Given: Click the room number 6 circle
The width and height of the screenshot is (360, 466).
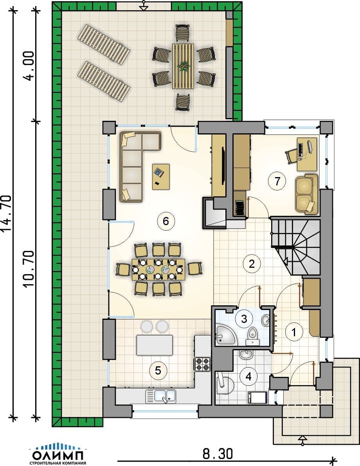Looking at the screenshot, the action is click(166, 221).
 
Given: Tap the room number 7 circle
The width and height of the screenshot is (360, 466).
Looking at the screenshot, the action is click(277, 181).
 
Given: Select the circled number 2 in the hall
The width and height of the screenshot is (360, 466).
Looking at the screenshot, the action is click(252, 263).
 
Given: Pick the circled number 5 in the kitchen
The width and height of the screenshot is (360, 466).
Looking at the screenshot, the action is click(158, 371).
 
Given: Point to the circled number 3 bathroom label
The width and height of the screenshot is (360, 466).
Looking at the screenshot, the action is click(244, 319).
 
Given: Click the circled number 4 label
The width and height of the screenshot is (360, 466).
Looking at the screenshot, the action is click(248, 376).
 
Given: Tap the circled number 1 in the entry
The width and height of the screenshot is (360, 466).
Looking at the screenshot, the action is click(294, 332).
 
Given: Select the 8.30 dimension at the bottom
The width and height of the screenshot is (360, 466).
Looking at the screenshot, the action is click(218, 454).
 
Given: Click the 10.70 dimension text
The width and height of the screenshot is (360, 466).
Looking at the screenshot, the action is click(29, 269).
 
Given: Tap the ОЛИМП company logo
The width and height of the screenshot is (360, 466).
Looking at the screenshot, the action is click(58, 454).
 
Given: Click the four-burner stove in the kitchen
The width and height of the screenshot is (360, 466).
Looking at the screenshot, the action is click(202, 364).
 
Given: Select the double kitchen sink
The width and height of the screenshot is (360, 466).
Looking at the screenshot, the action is click(160, 396).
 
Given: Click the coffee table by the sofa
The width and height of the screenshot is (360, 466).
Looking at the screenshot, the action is click(161, 177).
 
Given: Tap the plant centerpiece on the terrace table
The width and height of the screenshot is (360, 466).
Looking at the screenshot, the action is click(183, 66).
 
